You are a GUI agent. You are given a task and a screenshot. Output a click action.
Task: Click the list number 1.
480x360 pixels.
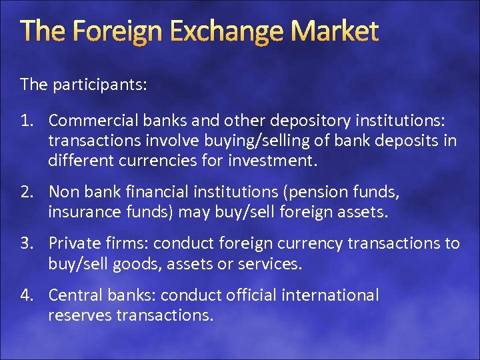point(26,121)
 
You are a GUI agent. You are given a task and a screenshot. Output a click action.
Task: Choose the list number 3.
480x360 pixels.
point(27,244)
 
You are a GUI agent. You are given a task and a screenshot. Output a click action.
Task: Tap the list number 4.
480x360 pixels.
point(27,295)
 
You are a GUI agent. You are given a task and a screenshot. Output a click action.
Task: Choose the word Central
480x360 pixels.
point(74,295)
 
